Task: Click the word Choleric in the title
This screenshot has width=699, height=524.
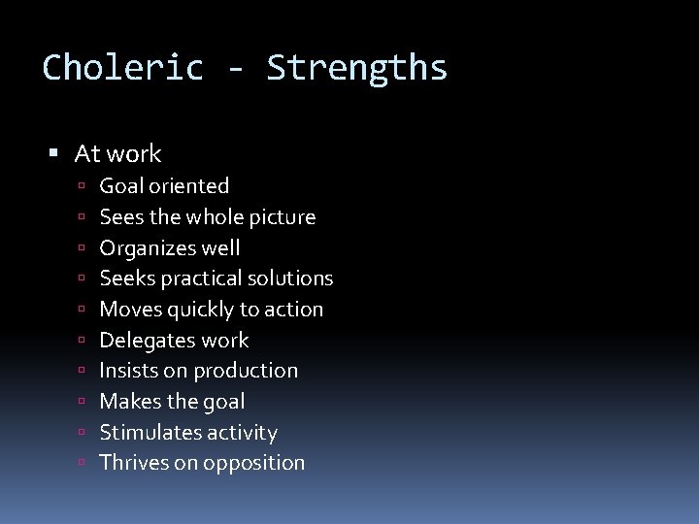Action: pyautogui.click(x=123, y=68)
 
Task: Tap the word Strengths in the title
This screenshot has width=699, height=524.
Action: pyautogui.click(x=357, y=68)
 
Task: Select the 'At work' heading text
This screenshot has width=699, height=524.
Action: pyautogui.click(x=117, y=153)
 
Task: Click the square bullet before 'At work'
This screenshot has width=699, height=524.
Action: pyautogui.click(x=54, y=153)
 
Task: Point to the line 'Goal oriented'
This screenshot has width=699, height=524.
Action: pyautogui.click(x=164, y=186)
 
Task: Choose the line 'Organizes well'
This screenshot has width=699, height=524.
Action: pyautogui.click(x=170, y=248)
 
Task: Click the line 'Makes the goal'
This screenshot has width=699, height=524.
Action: pyautogui.click(x=172, y=402)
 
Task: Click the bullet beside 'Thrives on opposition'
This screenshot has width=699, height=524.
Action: pyautogui.click(x=85, y=463)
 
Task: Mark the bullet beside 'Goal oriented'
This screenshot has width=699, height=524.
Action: pyautogui.click(x=85, y=186)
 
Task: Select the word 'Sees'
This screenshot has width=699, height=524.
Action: pyautogui.click(x=120, y=217)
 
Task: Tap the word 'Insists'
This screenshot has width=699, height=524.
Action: pyautogui.click(x=131, y=371)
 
